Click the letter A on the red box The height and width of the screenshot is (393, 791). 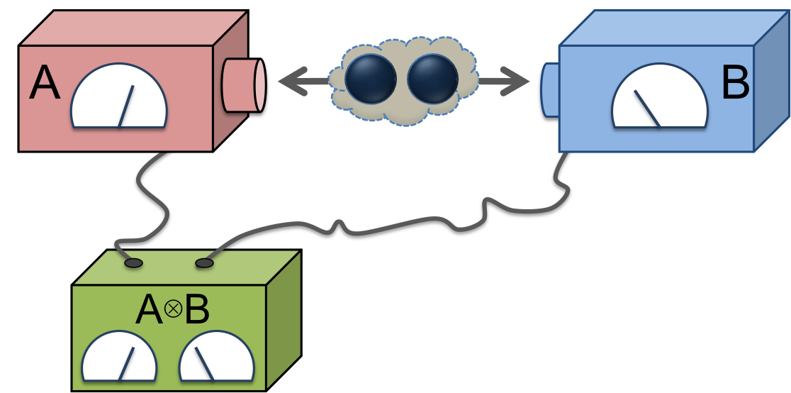pyautogui.click(x=44, y=85)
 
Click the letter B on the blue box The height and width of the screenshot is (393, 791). pyautogui.click(x=734, y=85)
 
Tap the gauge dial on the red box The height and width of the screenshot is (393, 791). pyautogui.click(x=119, y=99)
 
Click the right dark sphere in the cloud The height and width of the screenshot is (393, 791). pyautogui.click(x=433, y=79)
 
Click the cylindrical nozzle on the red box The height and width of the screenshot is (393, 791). pyautogui.click(x=243, y=85)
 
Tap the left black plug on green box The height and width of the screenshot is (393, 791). pyautogui.click(x=133, y=263)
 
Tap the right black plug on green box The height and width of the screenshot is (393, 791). pyautogui.click(x=204, y=263)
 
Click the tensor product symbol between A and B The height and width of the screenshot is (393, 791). pyautogui.click(x=172, y=309)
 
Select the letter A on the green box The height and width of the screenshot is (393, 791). pyautogui.click(x=148, y=310)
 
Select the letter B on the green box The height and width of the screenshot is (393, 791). pyautogui.click(x=196, y=310)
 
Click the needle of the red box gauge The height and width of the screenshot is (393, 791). pyautogui.click(x=126, y=106)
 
